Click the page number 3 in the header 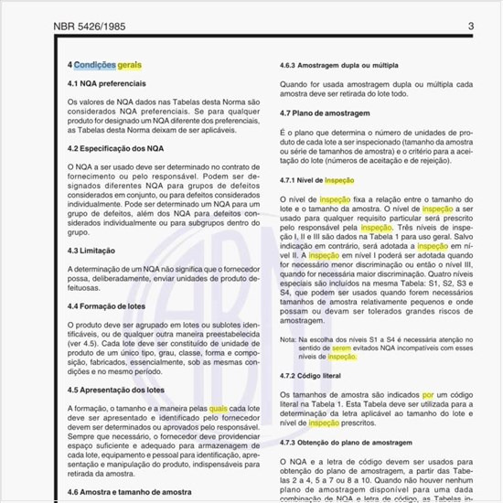470,27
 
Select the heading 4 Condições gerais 104,66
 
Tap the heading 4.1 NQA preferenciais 106,84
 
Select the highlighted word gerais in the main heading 130,66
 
